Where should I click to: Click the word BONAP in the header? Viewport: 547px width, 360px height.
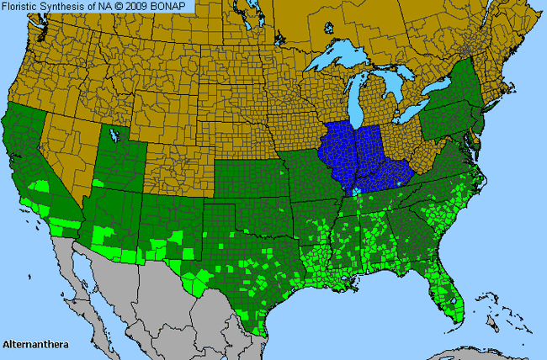click(x=173, y=7)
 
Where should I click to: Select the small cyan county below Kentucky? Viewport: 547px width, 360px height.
click(x=356, y=193)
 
